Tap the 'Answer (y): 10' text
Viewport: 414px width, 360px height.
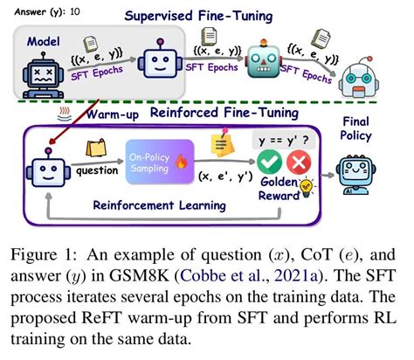[x=36, y=8]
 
